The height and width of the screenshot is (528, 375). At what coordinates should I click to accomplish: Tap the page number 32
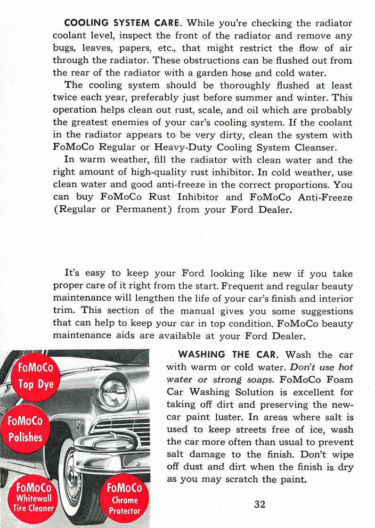260,504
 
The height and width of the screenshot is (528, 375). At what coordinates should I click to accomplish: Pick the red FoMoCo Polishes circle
25,429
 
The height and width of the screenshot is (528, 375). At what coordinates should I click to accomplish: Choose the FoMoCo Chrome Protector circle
124,499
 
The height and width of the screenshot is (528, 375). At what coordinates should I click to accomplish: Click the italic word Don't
302,367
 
